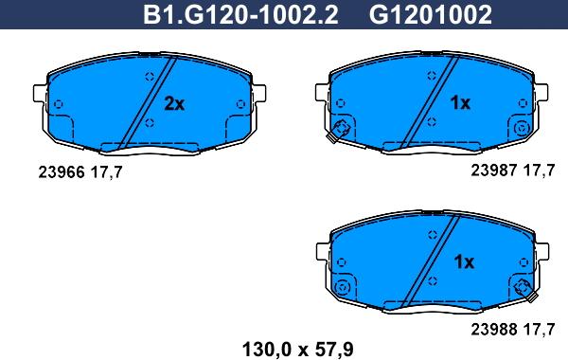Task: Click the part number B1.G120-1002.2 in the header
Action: coord(240,15)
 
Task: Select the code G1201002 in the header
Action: coord(431,15)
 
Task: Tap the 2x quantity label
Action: coord(174,103)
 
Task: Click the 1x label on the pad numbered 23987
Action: coord(460,103)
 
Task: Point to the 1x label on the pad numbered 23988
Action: coord(464,261)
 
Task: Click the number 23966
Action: coord(62,171)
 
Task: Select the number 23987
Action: coord(494,170)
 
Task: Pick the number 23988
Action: coord(494,329)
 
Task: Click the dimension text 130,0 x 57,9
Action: coord(297,350)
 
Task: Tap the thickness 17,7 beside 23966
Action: coord(106,172)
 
